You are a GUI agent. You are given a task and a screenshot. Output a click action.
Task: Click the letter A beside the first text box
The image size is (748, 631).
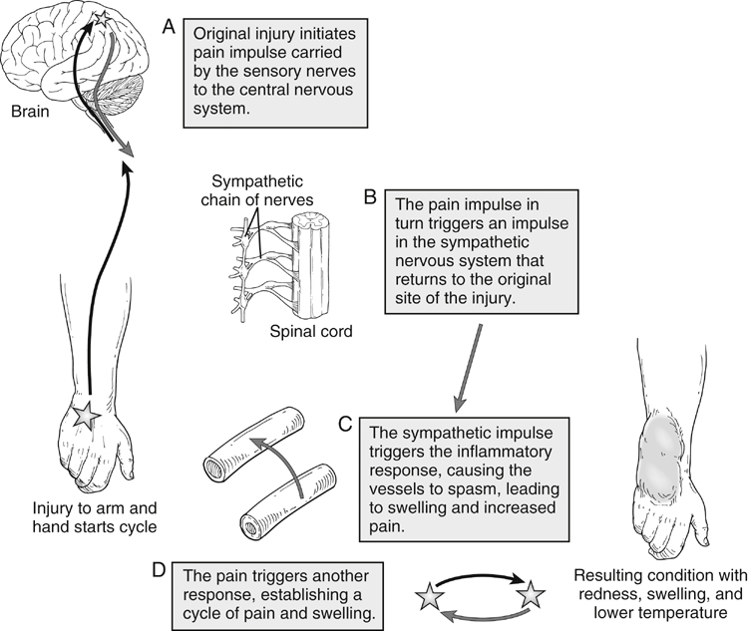click(169, 23)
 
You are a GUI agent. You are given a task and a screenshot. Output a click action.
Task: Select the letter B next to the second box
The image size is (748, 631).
click(369, 195)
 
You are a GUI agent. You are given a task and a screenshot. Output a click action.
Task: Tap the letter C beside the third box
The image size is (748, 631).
click(344, 422)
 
